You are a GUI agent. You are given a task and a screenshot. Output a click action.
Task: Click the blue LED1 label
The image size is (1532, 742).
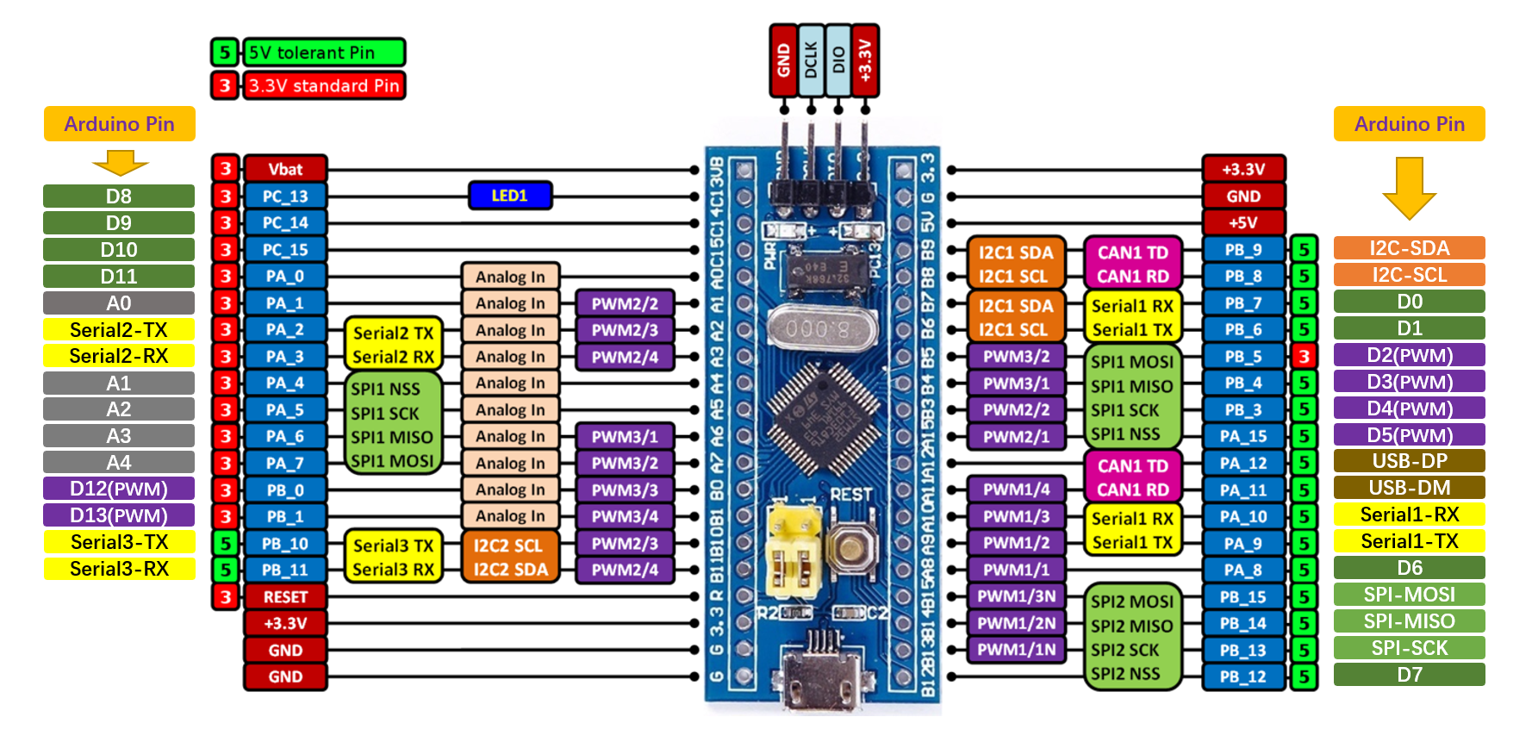point(509,196)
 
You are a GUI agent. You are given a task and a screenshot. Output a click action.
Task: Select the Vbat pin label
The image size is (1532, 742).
point(285,169)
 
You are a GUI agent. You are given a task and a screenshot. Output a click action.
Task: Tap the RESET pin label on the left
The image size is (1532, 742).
point(285,596)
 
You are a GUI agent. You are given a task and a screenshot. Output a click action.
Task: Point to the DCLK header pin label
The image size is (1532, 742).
point(811,60)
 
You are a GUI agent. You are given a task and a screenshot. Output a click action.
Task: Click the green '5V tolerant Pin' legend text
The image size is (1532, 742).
point(323,53)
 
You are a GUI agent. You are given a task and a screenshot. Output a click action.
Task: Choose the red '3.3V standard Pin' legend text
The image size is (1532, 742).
point(323,85)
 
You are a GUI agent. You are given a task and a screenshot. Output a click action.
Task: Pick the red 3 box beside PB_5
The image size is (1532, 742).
point(1304,356)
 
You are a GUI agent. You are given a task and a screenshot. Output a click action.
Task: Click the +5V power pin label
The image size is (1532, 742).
point(1242,222)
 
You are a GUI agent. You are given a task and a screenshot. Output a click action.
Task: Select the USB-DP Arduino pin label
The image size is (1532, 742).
point(1409,461)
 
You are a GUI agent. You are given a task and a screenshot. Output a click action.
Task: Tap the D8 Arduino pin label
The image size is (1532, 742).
point(119,196)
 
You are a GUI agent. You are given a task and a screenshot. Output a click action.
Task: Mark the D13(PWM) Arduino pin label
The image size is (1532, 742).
point(119,515)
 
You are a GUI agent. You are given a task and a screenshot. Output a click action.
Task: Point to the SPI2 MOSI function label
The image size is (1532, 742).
point(1131,602)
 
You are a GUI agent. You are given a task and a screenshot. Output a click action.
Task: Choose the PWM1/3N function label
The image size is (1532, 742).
point(1017,596)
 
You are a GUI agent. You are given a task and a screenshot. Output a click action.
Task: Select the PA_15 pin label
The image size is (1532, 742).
point(1242,436)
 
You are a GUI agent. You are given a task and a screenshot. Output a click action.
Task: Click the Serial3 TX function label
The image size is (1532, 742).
point(393,546)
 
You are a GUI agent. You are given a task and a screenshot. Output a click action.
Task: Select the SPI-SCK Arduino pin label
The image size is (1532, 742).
point(1409,648)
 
